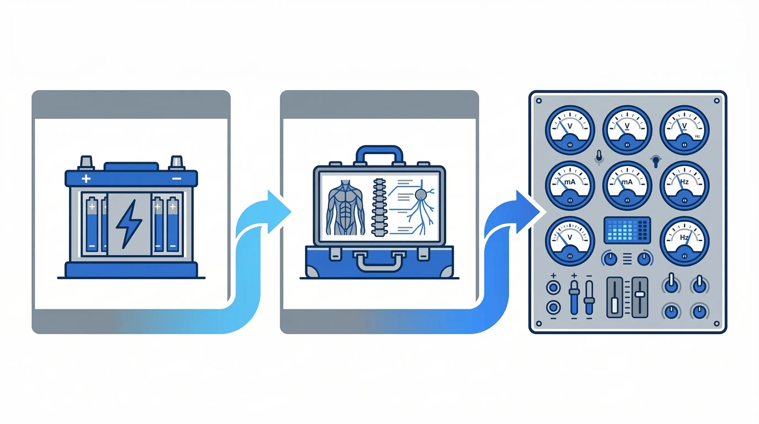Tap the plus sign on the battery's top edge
point(86,179)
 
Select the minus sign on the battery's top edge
point(177,179)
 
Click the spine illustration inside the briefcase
point(379,207)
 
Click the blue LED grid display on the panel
point(627,230)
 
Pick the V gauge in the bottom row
point(570,241)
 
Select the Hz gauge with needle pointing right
point(684,241)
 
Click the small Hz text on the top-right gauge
point(697,137)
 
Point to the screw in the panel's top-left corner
point(539,101)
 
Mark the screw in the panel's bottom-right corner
point(717,324)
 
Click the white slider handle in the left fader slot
point(615,305)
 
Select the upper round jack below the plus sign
point(553,287)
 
